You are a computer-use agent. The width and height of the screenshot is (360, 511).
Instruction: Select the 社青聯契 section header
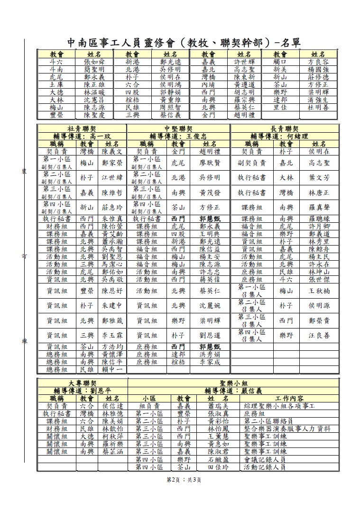pos(82,128)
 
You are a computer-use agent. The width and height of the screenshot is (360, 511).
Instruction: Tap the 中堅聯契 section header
pos(178,128)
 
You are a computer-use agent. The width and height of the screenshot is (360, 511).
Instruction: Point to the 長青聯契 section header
pos(284,128)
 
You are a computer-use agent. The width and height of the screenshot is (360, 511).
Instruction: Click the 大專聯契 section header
pos(83,382)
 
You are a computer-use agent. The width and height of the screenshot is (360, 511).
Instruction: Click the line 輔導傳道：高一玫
pos(82,136)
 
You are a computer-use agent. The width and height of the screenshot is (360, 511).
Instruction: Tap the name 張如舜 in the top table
pos(98,62)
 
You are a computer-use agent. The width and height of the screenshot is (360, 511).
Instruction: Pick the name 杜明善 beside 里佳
pos(318,108)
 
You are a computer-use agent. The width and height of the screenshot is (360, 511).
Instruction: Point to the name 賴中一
pos(113,369)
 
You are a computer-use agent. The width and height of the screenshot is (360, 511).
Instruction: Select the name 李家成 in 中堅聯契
pos(210,362)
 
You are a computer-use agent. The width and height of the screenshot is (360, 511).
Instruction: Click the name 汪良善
pos(319,335)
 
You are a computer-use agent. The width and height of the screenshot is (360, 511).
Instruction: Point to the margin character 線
pos(23,341)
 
